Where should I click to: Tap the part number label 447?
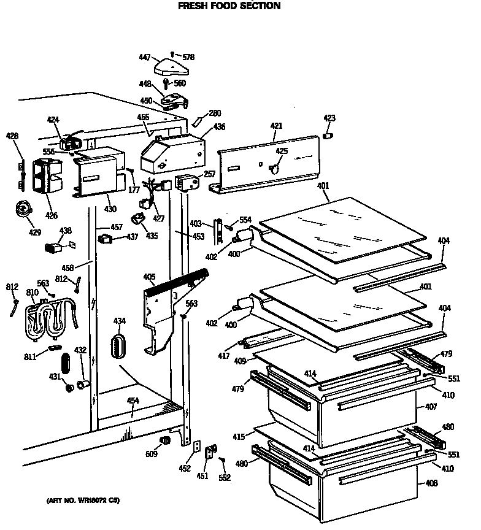coord(144,57)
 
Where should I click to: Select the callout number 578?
coord(188,57)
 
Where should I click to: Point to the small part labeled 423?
coord(328,134)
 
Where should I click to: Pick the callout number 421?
coord(276,126)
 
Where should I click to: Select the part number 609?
coord(151,453)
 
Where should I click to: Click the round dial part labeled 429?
coord(24,210)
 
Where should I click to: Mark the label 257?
coord(210,174)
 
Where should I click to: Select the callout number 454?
coord(133,401)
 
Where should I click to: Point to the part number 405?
coord(149,277)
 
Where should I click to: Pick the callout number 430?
coord(110,209)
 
